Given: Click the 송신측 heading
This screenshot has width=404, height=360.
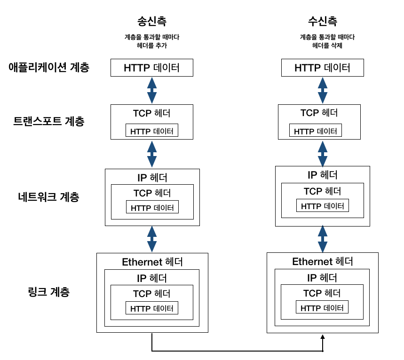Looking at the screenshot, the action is (x=152, y=21).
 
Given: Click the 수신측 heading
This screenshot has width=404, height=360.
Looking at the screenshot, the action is (x=323, y=21).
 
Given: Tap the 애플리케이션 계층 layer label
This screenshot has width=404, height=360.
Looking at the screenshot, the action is (x=49, y=68).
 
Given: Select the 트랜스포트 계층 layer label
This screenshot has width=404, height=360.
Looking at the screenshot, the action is (x=49, y=121).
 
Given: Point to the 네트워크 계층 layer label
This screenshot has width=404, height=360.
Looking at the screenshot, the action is (x=49, y=197).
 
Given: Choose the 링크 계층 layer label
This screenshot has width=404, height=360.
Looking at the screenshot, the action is (x=49, y=292).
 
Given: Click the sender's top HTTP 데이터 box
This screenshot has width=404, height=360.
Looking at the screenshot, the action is (x=152, y=68).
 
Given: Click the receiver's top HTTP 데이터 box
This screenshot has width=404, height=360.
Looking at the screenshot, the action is (x=323, y=68).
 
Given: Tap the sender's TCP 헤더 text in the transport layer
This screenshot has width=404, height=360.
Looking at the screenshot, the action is (x=152, y=113).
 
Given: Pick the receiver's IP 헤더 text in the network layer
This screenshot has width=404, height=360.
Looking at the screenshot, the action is (x=323, y=175).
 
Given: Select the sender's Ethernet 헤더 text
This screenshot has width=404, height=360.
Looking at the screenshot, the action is (x=152, y=262).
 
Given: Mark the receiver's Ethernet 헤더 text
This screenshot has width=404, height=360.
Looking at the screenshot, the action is (x=323, y=262).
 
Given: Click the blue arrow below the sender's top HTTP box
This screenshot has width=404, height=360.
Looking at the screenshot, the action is (x=152, y=90).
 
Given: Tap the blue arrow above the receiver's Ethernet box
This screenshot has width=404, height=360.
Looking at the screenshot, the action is (x=323, y=239).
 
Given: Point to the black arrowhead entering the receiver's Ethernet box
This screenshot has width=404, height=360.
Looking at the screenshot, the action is (x=323, y=337).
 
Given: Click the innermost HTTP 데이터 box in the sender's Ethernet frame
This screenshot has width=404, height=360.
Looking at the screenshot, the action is (x=152, y=308).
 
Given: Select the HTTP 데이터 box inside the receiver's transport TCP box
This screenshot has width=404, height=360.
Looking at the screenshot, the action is (x=316, y=130).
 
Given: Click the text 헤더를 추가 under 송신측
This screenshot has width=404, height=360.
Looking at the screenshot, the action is (x=152, y=46).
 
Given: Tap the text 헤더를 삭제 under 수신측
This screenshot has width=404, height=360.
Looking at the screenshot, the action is (x=327, y=46).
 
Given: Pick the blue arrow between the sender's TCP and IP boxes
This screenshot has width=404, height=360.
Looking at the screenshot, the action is (x=152, y=154).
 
